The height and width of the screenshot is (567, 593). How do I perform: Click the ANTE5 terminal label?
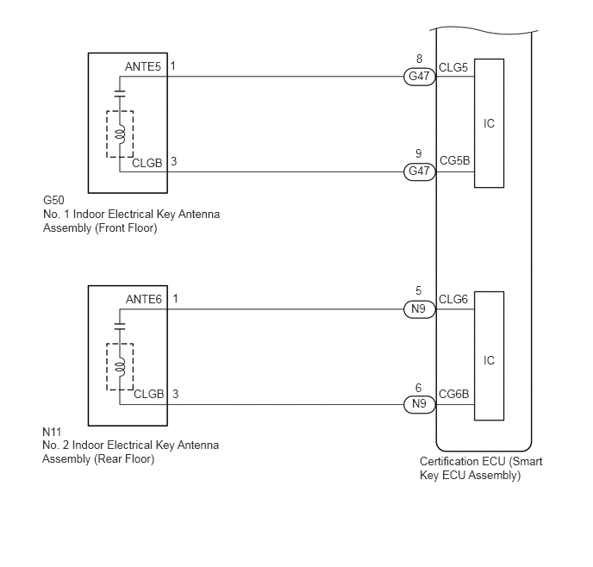[x=143, y=66]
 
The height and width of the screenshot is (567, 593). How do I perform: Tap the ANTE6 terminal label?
[x=144, y=299]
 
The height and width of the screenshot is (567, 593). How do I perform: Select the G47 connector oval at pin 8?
[x=420, y=77]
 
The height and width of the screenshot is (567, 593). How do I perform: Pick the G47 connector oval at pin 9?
[x=420, y=171]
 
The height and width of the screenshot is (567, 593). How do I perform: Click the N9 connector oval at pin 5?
[x=420, y=309]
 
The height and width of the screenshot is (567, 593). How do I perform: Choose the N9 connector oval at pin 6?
[x=420, y=404]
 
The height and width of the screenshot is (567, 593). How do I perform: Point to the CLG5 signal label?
[x=453, y=68]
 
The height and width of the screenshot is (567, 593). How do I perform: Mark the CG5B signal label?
[x=454, y=160]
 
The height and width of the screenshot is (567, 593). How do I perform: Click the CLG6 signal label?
[x=453, y=299]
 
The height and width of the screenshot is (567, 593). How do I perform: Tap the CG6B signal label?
[x=454, y=395]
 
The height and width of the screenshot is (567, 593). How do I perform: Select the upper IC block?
[x=489, y=123]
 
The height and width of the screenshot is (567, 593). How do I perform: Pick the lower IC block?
[x=489, y=356]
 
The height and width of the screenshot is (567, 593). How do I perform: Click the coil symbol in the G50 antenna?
[x=120, y=135]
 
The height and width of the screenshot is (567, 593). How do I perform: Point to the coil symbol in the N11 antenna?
[x=120, y=368]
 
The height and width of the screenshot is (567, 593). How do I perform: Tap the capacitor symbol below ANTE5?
[x=120, y=93]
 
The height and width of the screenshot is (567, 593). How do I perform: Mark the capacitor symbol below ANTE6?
[x=120, y=327]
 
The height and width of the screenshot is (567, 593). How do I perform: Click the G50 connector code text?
[x=53, y=200]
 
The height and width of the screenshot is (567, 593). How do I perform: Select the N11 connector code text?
[x=52, y=432]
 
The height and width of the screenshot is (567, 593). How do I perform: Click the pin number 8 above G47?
[x=419, y=59]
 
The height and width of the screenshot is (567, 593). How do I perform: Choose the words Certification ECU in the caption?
[x=463, y=462]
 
